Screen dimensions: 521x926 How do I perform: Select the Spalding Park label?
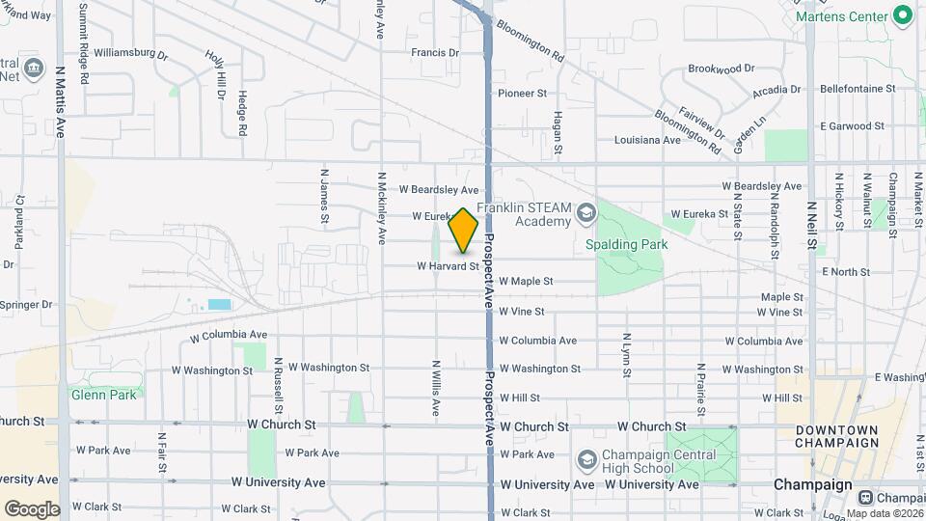tap(627, 244)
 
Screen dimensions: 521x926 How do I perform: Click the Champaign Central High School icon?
tap(586, 460)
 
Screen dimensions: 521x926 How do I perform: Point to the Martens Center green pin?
tap(903, 14)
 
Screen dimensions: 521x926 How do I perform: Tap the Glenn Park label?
tap(103, 394)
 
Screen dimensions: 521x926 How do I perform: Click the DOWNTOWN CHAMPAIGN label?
tap(836, 436)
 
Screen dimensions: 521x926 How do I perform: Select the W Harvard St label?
tap(448, 266)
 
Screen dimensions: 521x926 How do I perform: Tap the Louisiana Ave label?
tap(648, 140)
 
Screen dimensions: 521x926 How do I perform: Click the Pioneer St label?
tap(522, 94)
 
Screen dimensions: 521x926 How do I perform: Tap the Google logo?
tap(32, 508)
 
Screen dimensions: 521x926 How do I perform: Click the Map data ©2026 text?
tap(885, 513)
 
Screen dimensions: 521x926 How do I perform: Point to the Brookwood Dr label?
tap(721, 69)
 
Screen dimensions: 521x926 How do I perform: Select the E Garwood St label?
tap(852, 126)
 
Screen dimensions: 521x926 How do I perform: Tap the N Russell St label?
tap(278, 379)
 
